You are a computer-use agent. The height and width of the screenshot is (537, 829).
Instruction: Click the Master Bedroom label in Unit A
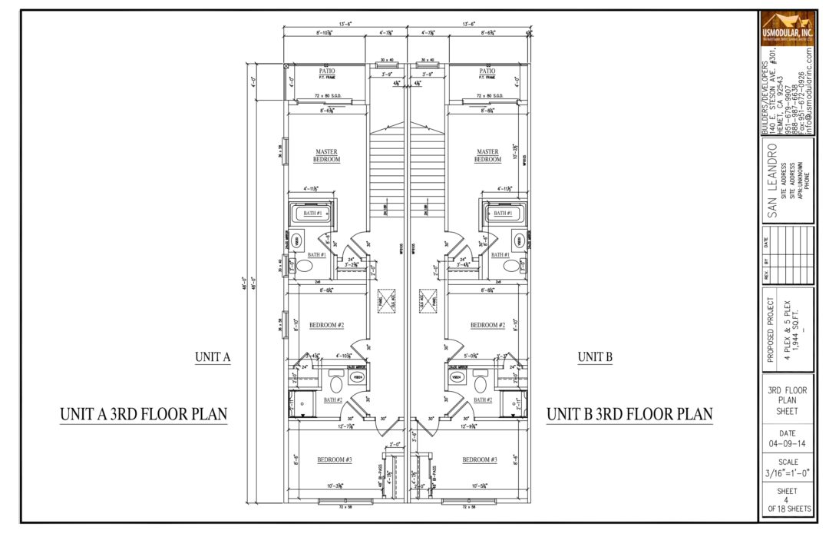tap(326, 155)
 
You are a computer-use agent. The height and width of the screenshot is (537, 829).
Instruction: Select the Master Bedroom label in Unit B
tap(487, 155)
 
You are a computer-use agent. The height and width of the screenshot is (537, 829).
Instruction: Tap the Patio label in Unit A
tap(327, 71)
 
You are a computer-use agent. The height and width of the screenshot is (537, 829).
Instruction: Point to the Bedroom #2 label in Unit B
tap(487, 325)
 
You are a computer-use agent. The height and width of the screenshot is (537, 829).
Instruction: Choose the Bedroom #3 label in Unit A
tap(335, 459)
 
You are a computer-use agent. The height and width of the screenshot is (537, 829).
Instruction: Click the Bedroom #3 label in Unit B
tap(479, 459)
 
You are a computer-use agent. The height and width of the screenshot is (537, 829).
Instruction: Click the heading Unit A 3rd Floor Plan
tap(144, 415)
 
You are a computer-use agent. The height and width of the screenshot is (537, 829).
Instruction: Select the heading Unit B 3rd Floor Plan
tap(629, 415)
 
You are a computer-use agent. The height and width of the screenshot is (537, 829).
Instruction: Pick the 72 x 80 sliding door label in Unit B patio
tap(487, 96)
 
